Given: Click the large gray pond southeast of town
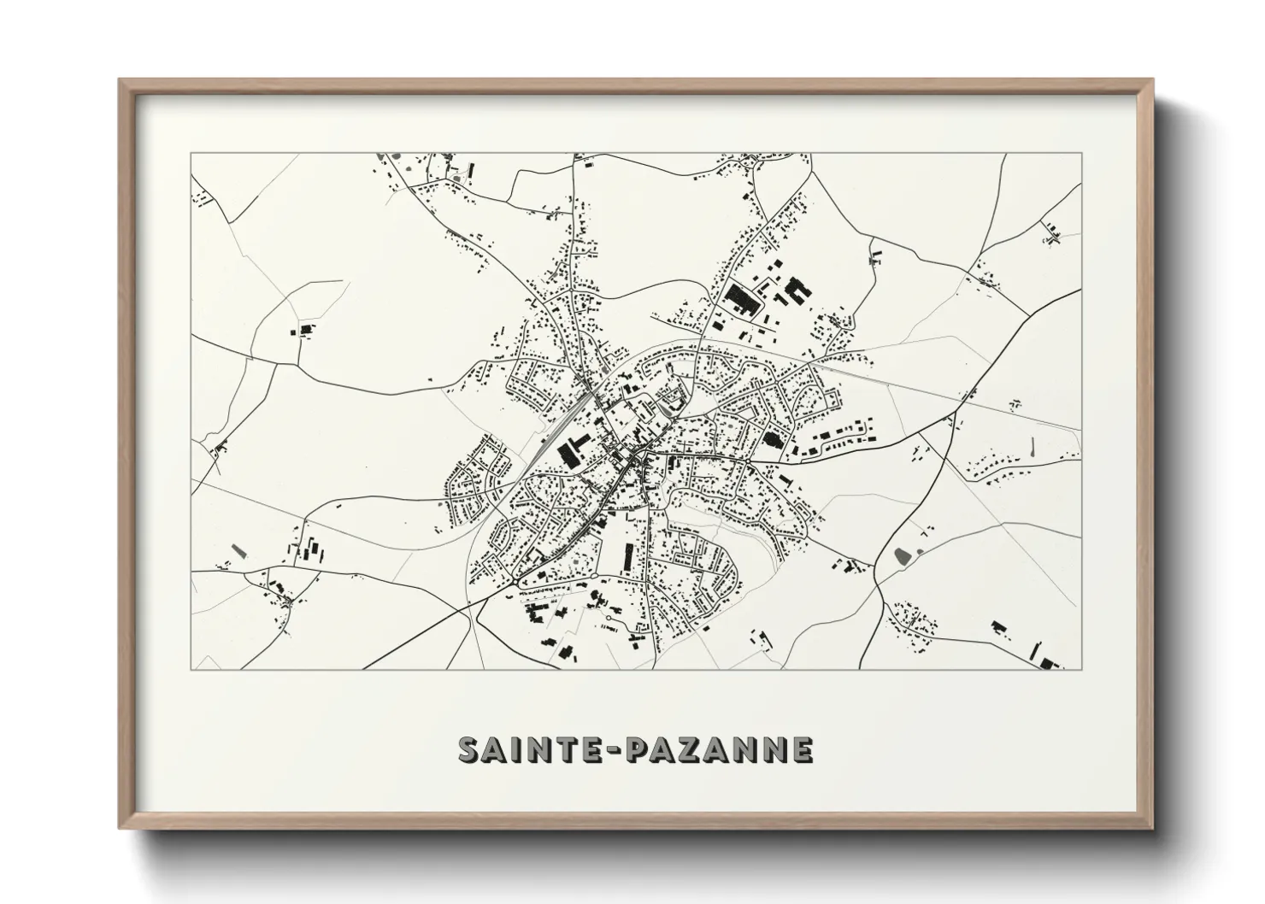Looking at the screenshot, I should click(x=902, y=556).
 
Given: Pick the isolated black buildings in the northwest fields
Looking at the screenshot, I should click(x=304, y=328).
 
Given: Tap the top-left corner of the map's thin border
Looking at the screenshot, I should click(x=191, y=154).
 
